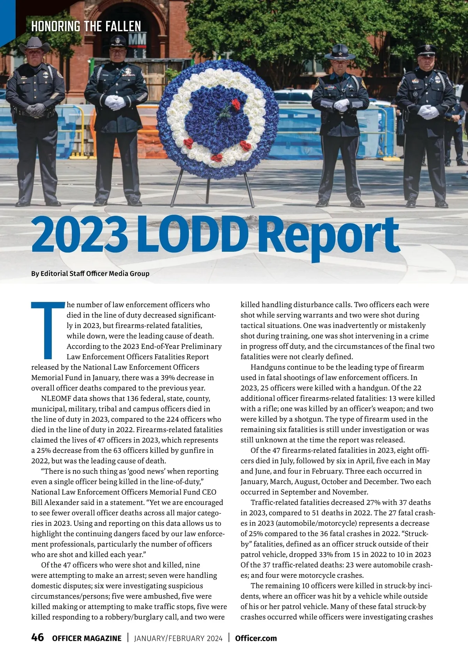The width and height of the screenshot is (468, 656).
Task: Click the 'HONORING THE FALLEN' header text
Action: point(86,26)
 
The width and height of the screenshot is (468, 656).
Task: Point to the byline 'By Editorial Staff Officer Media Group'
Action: point(90,273)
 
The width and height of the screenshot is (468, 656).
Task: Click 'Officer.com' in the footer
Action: point(256,638)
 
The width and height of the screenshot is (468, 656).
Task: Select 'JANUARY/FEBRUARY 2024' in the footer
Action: point(178,638)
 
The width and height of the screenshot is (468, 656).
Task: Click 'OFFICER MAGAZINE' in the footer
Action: point(87,638)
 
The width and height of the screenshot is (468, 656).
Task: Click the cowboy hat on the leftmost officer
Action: point(34,46)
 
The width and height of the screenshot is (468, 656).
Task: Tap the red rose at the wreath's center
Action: point(235,103)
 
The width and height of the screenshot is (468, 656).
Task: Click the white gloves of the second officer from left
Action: point(115,102)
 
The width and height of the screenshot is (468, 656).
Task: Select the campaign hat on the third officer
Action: point(339,52)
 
